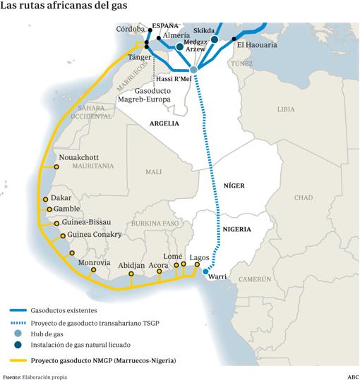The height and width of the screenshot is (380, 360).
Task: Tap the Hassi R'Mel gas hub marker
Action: [x=194, y=69]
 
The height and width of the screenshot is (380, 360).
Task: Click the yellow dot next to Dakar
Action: [x=46, y=200]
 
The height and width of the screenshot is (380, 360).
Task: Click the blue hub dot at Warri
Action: [x=205, y=271]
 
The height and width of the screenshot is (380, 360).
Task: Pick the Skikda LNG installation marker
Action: [x=215, y=39]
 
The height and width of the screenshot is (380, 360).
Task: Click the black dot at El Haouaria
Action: [x=234, y=39]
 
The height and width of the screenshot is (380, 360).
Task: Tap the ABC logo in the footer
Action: [x=351, y=376]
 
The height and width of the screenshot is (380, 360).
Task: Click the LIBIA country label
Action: [x=286, y=109]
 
